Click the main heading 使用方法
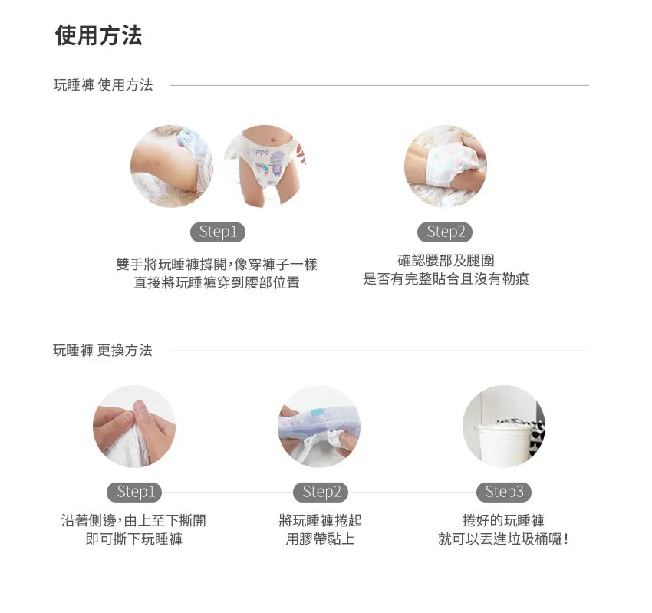(98, 35)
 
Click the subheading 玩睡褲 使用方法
(104, 85)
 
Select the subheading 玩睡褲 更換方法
(103, 350)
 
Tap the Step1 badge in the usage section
(218, 232)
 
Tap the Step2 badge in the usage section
(445, 232)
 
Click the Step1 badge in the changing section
(135, 492)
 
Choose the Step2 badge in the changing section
(321, 492)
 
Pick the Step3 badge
(504, 492)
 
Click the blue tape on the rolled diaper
(318, 412)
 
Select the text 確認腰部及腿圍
(446, 261)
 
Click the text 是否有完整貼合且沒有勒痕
(446, 279)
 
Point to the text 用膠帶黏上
(320, 539)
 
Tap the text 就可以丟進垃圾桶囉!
(503, 539)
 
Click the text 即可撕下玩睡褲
(134, 539)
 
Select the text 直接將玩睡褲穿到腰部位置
(216, 283)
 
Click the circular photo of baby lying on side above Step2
(446, 166)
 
